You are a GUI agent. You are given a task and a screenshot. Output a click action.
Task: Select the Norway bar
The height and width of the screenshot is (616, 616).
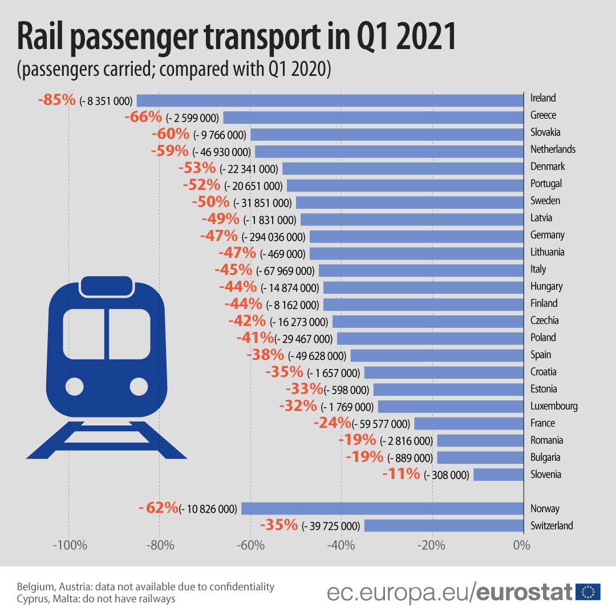tap(382, 509)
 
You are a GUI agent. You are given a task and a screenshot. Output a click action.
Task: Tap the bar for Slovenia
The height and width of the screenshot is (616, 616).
tap(498, 475)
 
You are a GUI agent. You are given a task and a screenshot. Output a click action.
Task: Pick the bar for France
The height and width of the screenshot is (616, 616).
tap(468, 423)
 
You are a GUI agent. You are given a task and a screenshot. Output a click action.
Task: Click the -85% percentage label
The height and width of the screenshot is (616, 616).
tap(56, 100)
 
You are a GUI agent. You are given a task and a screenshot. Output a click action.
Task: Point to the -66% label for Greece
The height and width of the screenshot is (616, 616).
tap(143, 117)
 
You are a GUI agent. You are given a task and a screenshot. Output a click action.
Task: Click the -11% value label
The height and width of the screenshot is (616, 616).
tap(401, 474)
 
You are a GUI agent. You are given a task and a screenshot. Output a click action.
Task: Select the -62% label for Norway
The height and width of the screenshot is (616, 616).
tap(159, 508)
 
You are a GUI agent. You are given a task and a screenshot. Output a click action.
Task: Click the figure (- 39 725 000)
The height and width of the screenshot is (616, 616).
tap(330, 526)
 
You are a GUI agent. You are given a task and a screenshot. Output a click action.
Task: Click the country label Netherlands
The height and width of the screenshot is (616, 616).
tap(553, 149)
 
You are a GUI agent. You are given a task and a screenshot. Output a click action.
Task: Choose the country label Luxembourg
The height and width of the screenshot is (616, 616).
tap(554, 406)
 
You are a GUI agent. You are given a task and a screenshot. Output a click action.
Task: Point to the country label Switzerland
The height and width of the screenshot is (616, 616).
tap(552, 526)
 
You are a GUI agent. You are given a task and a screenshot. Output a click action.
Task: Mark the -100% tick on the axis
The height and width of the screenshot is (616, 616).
tap(70, 545)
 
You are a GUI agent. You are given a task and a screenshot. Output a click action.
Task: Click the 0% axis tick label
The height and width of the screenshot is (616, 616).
tap(521, 545)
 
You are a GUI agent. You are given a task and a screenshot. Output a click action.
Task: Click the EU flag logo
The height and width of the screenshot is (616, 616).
tap(587, 592)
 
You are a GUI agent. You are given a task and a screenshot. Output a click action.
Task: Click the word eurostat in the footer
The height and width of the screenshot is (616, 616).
tap(524, 592)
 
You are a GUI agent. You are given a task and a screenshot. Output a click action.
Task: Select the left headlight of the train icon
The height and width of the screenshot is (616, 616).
tap(75, 387)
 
